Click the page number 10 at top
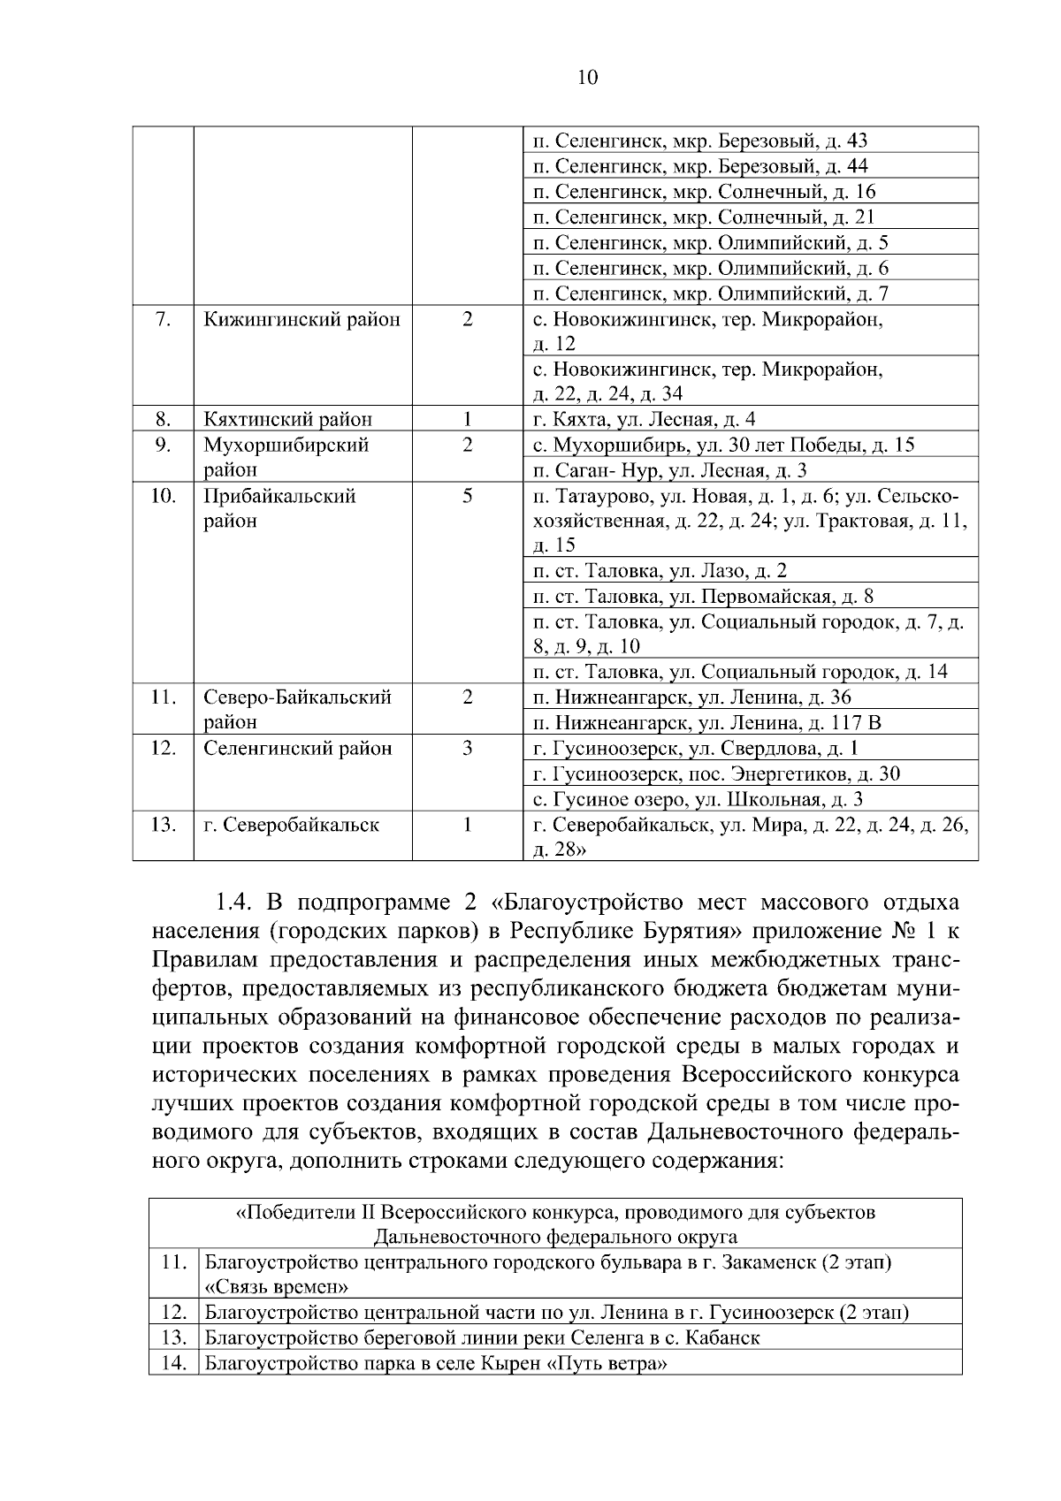pos(587,78)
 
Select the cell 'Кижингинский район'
pos(302,319)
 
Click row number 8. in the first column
pos(163,419)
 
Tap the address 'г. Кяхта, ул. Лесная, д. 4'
pos(644,419)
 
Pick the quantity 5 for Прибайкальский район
pos(467,496)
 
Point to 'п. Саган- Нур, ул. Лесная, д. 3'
pos(669,470)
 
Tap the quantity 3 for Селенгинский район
pos(467,749)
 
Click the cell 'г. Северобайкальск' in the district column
pos(292,826)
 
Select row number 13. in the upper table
pos(163,826)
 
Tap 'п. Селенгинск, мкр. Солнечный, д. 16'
pos(705,192)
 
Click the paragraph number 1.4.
pos(233,903)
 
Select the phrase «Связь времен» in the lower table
pos(276,1286)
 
